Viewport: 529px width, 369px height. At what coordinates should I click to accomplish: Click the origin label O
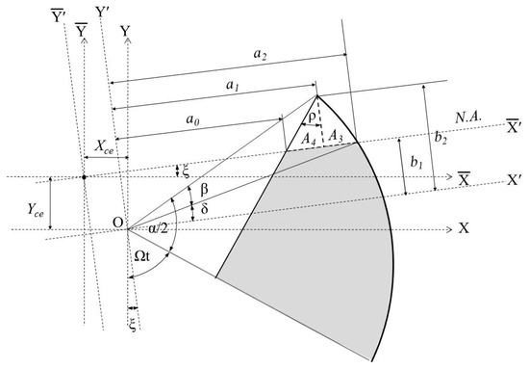coord(117,224)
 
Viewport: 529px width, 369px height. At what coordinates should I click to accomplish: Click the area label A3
coord(335,139)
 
